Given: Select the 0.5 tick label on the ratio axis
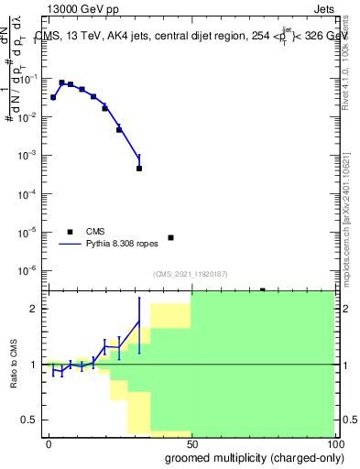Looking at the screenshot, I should click(x=29, y=420).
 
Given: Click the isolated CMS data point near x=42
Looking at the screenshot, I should click(x=170, y=238).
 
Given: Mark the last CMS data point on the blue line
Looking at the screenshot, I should click(x=139, y=169).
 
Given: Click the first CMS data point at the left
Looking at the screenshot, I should click(x=53, y=97).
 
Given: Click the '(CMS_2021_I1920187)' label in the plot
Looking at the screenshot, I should click(x=190, y=274).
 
